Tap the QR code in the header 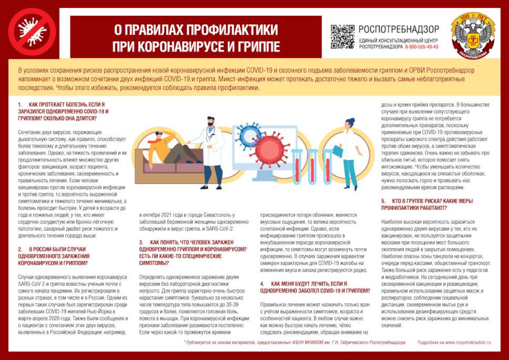[342, 36]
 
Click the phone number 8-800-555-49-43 [422, 47]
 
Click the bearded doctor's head [210, 126]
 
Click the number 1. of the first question [20, 105]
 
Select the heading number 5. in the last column [383, 201]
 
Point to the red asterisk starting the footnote [185, 342]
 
